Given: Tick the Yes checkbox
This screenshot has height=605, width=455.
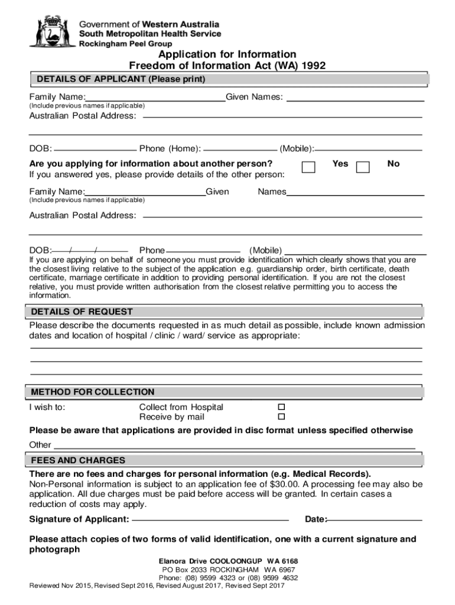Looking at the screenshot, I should point(308,167).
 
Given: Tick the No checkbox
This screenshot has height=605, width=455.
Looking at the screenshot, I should point(363,167).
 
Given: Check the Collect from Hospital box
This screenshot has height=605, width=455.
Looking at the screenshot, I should point(281,408).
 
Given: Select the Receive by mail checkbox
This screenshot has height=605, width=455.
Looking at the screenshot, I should point(281,417).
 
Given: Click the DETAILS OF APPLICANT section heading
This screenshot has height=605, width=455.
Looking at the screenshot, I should point(121,79).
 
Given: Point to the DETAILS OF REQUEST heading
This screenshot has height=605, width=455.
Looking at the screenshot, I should point(82,311).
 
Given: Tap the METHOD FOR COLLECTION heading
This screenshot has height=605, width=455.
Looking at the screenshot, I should point(92,392).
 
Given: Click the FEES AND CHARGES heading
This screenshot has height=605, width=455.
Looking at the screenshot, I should point(78,460).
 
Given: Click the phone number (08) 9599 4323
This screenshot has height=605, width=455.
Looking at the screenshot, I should point(210,578).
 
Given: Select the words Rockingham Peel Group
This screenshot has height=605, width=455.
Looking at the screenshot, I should point(126,44).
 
